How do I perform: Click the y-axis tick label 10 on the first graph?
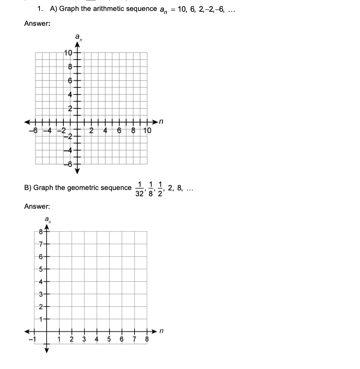[68, 53]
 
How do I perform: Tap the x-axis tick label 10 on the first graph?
[146, 131]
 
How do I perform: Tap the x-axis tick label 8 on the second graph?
[147, 339]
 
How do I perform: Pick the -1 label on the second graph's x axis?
[33, 339]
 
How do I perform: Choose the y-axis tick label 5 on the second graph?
[40, 269]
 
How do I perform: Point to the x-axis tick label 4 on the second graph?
[97, 339]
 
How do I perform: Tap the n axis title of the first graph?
[160, 122]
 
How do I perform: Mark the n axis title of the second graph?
[160, 331]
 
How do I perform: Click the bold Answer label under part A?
[37, 23]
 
